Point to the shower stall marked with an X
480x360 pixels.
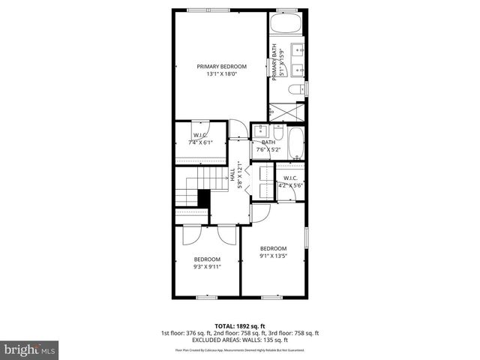[288, 110]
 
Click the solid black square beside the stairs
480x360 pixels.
[202, 198]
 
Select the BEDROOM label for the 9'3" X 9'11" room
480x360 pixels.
[207, 259]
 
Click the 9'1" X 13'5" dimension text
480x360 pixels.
[273, 256]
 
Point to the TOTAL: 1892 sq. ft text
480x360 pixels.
[240, 326]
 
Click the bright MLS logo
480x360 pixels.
[29, 349]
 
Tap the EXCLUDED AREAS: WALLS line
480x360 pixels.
[240, 340]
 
